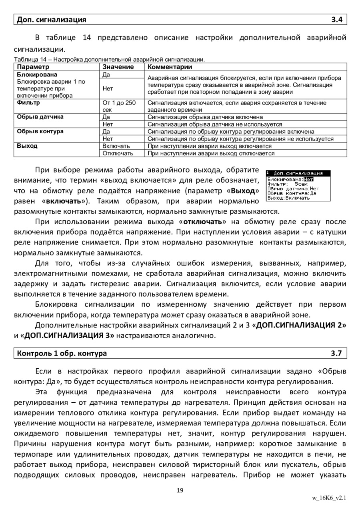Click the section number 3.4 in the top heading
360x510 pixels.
click(337, 19)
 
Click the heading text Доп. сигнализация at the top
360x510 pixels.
click(51, 19)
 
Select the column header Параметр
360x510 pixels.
click(33, 67)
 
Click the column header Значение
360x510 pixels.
click(118, 67)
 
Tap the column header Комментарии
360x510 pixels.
click(170, 67)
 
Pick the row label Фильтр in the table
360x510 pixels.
click(28, 103)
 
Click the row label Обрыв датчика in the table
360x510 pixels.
click(40, 117)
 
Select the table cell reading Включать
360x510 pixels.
click(116, 146)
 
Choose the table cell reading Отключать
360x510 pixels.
click(118, 153)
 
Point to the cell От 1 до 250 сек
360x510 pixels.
click(119, 106)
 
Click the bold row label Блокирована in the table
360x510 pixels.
click(37, 74)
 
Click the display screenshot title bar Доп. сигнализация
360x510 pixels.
click(298, 173)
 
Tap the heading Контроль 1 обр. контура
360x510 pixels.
click(62, 353)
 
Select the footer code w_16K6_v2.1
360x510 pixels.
click(329, 498)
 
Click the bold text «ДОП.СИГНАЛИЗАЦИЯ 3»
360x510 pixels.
click(69, 335)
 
